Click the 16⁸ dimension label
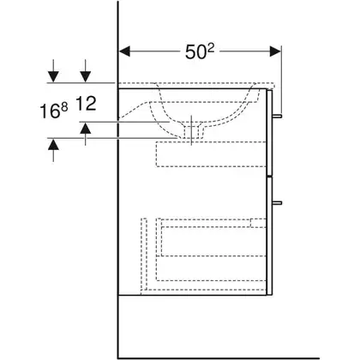pos(54,111)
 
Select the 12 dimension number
pos(86,104)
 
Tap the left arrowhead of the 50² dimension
pos(124,51)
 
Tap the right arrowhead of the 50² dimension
pos(275,51)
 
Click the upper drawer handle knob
pos(277,116)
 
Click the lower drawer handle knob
pos(277,203)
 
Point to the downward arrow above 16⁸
pos(53,71)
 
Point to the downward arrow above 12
pos(86,71)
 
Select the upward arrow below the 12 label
pos(86,134)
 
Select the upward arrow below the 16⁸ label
pos(53,150)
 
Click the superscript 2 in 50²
pos(210,49)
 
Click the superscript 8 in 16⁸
pos(65,107)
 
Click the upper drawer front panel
pos(269,132)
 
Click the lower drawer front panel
pos(269,236)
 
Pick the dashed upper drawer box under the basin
pos(211,154)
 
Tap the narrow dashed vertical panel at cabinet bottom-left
pos(144,255)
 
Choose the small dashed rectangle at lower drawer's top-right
pos(258,223)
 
